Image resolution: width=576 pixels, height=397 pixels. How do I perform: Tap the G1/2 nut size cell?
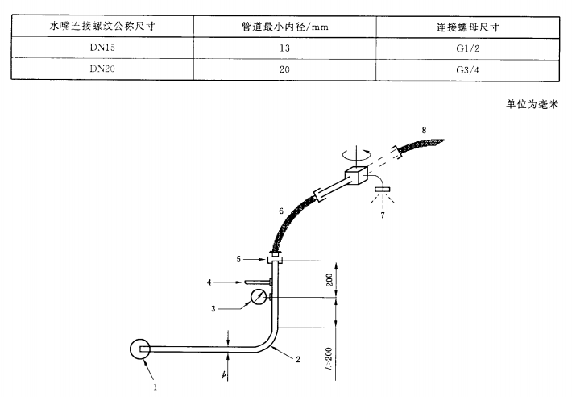(x=471, y=48)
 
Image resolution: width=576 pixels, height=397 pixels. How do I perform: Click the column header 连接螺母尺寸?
(x=471, y=27)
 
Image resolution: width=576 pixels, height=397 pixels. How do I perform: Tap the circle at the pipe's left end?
(x=140, y=349)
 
